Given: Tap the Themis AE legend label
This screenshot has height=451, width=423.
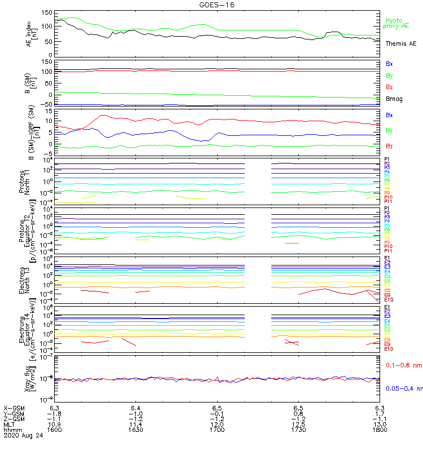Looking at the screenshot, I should tap(400, 43).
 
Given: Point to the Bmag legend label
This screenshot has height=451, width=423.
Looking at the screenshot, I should tap(394, 99).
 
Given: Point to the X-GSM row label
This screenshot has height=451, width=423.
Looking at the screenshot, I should tap(14, 407).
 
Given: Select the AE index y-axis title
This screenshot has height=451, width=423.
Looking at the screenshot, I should tap(32, 34).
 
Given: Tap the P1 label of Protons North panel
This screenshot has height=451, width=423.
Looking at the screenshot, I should tap(387, 159).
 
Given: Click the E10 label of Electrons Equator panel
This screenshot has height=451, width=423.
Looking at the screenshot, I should tap(389, 349).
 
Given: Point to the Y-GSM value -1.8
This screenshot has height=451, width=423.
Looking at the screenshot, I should tap(54, 413).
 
